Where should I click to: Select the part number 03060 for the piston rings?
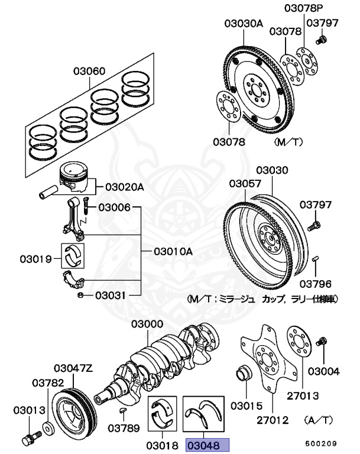tap(90, 72)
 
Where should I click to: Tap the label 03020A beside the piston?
tap(124, 187)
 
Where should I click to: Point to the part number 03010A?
tap(173, 251)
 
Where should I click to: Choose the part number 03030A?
tap(243, 24)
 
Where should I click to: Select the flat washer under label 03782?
tap(49, 426)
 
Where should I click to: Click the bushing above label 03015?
tap(242, 374)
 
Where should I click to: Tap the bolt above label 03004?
tap(323, 342)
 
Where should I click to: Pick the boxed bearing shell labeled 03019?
tap(75, 254)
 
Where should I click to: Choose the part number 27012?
tap(273, 420)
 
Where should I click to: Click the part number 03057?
tap(245, 184)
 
